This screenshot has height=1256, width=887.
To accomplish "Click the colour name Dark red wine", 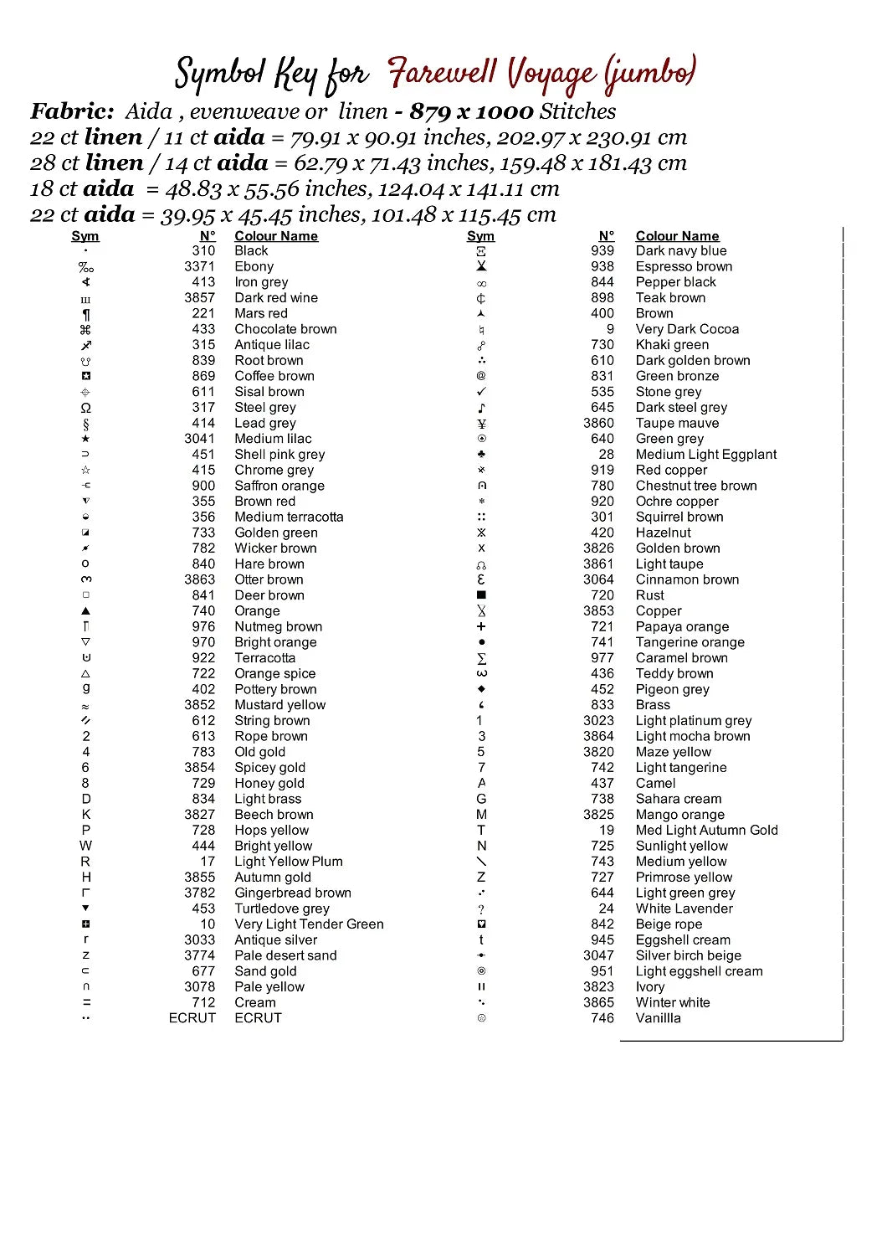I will click(x=276, y=298).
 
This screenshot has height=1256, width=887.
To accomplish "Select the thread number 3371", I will click(x=199, y=266).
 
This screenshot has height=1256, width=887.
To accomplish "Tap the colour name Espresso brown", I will click(x=684, y=266).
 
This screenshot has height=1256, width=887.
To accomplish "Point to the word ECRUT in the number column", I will click(x=192, y=1018).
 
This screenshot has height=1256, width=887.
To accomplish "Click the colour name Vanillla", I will click(x=658, y=1018).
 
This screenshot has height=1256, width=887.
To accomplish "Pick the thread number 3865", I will click(x=598, y=1002).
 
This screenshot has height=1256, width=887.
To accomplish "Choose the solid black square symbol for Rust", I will click(x=481, y=595).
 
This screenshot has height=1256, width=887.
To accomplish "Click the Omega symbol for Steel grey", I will click(x=85, y=408).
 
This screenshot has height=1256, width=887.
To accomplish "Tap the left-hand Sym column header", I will click(x=85, y=236).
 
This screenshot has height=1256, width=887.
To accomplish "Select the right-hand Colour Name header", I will click(x=677, y=236).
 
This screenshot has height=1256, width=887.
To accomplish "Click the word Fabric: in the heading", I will click(x=72, y=111).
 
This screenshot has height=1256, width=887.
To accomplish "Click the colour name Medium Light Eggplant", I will click(x=705, y=455).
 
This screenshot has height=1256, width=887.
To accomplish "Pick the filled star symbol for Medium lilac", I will click(x=85, y=439).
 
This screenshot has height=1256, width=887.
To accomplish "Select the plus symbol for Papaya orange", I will click(x=481, y=626).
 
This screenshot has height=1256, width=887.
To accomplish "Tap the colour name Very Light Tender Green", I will click(x=309, y=924).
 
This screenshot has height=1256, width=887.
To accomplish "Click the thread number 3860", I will click(x=598, y=424).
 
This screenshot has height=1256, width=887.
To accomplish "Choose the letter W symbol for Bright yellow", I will click(x=85, y=846).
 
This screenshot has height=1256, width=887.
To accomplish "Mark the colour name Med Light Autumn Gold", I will click(x=706, y=831).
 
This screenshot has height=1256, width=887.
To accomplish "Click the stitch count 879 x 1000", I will click(x=471, y=111).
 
